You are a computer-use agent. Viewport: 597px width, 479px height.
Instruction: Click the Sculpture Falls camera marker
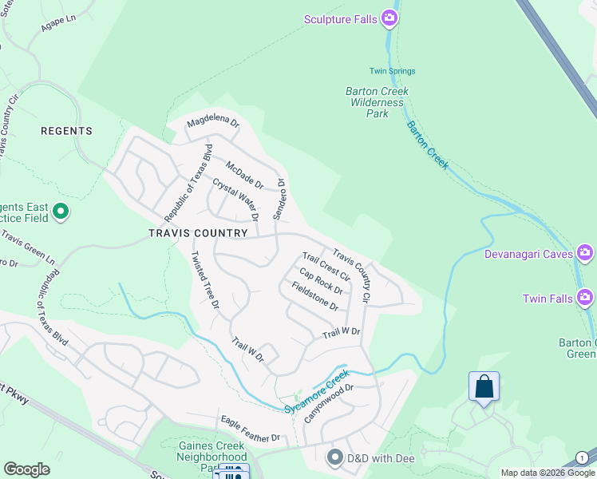(x=389, y=18)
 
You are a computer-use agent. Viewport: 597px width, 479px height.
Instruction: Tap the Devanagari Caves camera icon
(x=585, y=254)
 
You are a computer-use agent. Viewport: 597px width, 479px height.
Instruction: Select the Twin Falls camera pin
(x=585, y=298)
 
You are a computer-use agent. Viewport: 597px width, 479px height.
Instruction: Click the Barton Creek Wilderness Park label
(x=377, y=102)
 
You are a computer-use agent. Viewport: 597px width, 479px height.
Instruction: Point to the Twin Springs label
(x=392, y=71)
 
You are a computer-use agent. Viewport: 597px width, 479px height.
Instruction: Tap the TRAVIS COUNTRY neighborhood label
(x=198, y=233)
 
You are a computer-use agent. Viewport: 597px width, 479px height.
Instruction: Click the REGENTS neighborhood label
(x=67, y=131)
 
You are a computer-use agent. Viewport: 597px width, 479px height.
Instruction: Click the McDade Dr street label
(x=244, y=175)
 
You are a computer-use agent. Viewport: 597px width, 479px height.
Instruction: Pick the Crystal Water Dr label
(x=235, y=200)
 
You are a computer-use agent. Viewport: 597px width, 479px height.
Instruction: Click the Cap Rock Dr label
(x=321, y=280)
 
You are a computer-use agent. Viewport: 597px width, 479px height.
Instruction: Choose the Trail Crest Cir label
(x=326, y=266)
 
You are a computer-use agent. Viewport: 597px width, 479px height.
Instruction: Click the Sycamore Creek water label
(x=317, y=391)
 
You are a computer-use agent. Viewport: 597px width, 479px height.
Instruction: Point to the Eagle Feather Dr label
(x=251, y=429)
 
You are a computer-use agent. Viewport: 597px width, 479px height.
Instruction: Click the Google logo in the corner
(x=27, y=469)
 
